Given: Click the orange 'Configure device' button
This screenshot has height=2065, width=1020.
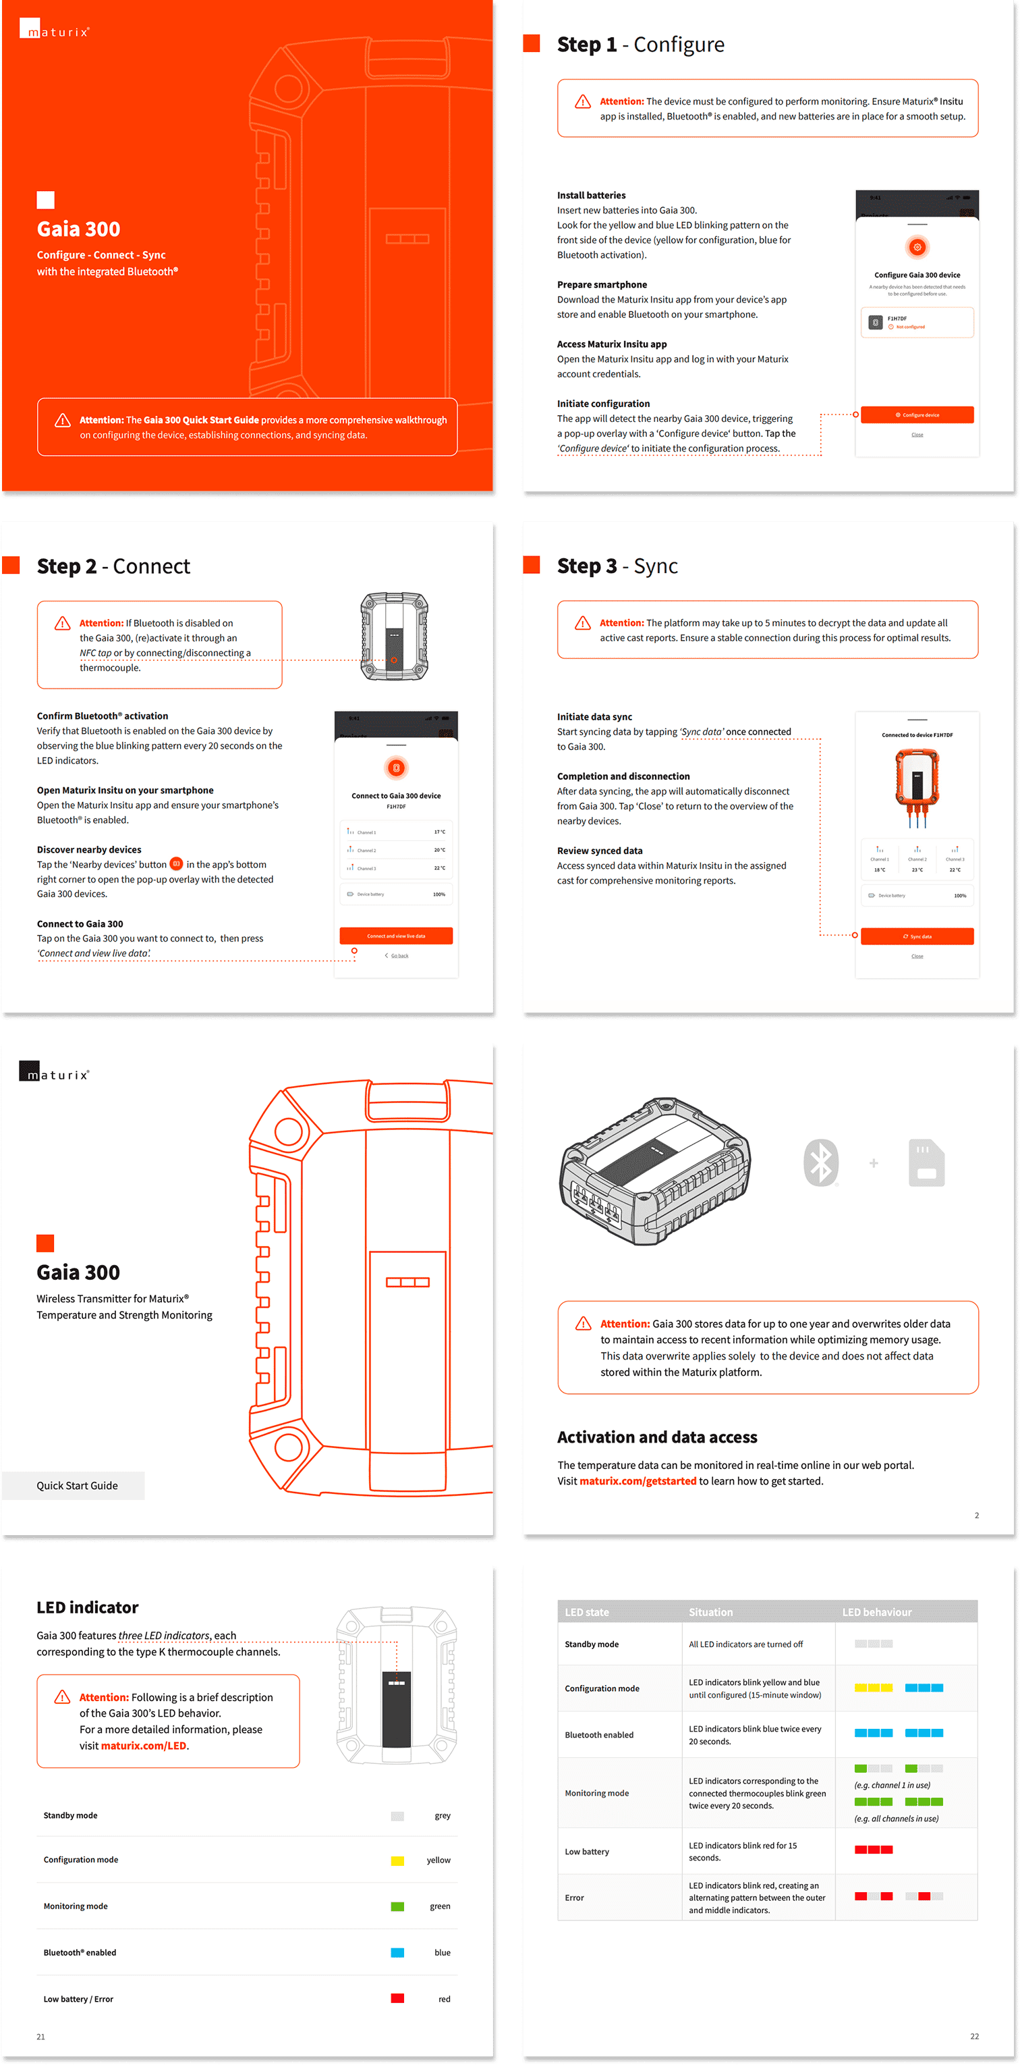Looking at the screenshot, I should [x=917, y=414].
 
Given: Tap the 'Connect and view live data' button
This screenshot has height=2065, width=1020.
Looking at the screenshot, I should [x=396, y=936].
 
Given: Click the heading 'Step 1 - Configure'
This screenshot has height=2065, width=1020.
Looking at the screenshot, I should [x=640, y=45].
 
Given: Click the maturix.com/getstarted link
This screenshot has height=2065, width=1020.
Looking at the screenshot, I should [x=637, y=1480].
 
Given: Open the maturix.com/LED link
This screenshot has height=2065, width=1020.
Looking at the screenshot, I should [x=144, y=1745].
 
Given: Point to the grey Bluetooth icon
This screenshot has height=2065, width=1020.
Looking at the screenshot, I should [x=820, y=1162].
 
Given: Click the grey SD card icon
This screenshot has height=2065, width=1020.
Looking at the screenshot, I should [x=926, y=1162].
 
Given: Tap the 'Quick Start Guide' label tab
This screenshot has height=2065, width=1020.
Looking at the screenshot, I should [x=77, y=1485].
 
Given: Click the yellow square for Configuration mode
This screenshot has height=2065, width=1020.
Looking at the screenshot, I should [x=397, y=1860].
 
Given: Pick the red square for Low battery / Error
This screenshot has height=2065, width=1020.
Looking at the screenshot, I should [x=397, y=1998].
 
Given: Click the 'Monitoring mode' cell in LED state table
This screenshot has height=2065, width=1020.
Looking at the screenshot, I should [x=597, y=1793].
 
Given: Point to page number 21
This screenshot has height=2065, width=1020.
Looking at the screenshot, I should [x=41, y=2036].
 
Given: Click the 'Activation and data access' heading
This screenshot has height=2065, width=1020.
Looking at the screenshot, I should [x=657, y=1437].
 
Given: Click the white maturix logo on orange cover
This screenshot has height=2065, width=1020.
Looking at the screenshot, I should [x=55, y=30].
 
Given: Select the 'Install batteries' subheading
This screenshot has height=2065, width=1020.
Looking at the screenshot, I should [x=592, y=195].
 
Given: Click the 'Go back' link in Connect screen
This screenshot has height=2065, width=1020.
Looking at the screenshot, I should [x=399, y=956].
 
